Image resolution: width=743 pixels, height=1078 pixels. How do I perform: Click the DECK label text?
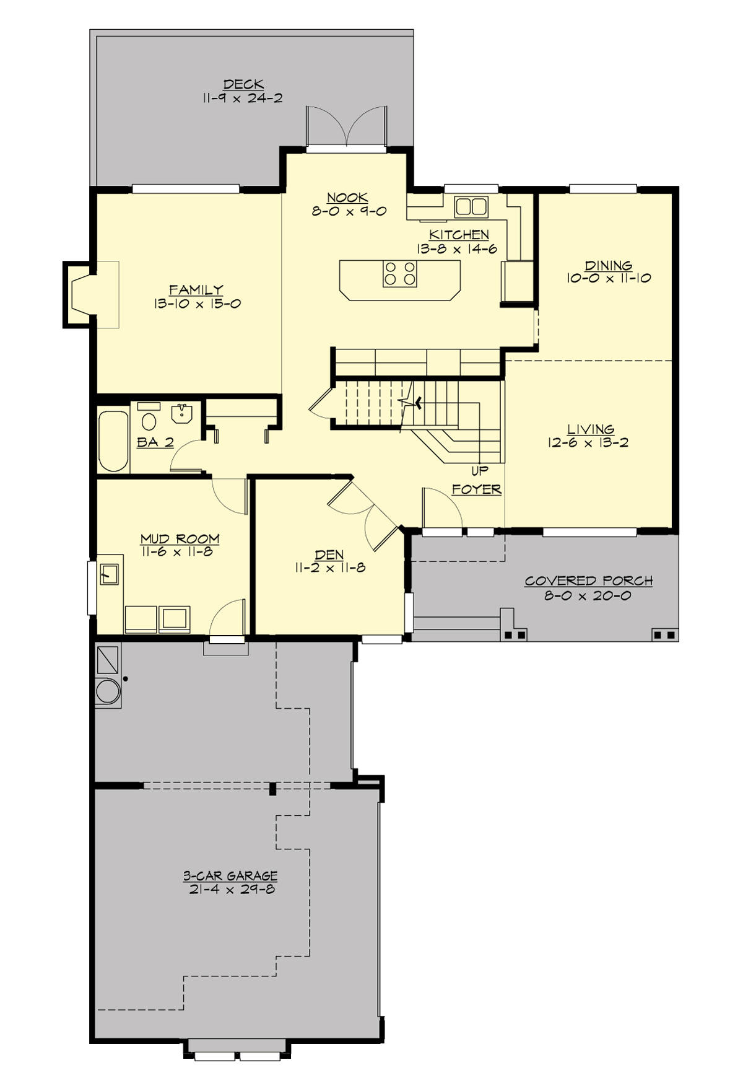243,84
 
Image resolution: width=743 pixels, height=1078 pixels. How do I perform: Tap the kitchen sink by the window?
471,206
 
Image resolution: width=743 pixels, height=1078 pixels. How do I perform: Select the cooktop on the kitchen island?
399,273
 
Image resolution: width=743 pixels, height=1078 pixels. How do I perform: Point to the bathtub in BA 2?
113,440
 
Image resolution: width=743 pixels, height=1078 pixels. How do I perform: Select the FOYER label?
476,489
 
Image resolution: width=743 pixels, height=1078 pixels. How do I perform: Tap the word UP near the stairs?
479,470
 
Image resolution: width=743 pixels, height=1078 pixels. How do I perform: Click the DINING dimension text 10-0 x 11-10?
608,279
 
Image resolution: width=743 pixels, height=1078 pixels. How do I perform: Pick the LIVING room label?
591,429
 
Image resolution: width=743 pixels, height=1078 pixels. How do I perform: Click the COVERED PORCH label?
588,581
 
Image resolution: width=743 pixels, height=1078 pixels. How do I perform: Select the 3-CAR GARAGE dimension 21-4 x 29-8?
230,889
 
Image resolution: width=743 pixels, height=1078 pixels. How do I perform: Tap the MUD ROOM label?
180,538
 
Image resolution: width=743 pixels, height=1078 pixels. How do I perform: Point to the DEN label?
329,554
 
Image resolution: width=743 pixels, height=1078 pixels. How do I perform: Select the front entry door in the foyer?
442,508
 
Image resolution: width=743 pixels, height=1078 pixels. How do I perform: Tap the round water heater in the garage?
108,691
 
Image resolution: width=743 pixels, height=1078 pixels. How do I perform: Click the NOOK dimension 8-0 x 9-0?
349,211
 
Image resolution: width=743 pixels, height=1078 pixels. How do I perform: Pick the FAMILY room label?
196,289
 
